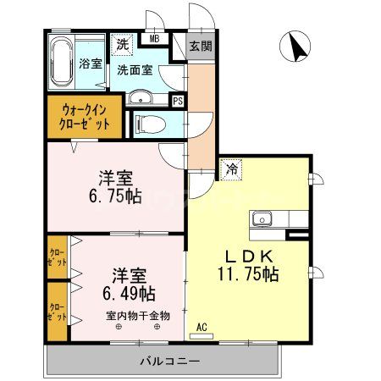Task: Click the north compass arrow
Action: point(296,47)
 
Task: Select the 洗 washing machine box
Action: point(123,44)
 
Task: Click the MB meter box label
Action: point(155,39)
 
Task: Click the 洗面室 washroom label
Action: point(133,70)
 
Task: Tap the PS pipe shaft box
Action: point(177,100)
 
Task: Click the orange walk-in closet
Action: point(84,115)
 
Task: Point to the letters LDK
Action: point(247,254)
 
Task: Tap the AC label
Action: point(202,326)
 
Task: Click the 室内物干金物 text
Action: point(137,315)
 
